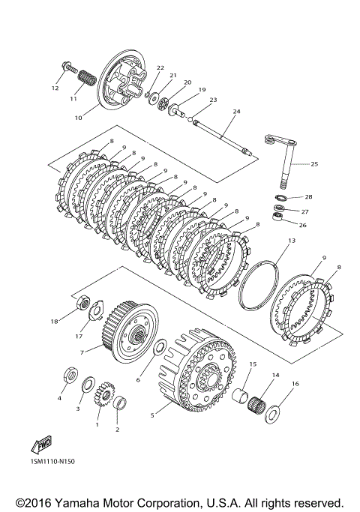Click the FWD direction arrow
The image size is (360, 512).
pos(41,445)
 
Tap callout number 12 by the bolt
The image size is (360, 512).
pos(55,88)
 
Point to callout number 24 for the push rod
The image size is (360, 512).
pos(236,112)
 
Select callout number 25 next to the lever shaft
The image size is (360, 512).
pos(314,164)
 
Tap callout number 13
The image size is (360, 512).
pos(292,241)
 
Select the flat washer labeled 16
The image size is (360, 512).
pos(271,414)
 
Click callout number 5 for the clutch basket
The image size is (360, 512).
pos(152,415)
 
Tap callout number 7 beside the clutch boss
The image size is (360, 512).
pos(82,352)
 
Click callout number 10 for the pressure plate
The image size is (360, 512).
pos(79,118)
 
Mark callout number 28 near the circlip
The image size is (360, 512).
pos(308,197)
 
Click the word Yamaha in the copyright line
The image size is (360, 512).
pos(73,502)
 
